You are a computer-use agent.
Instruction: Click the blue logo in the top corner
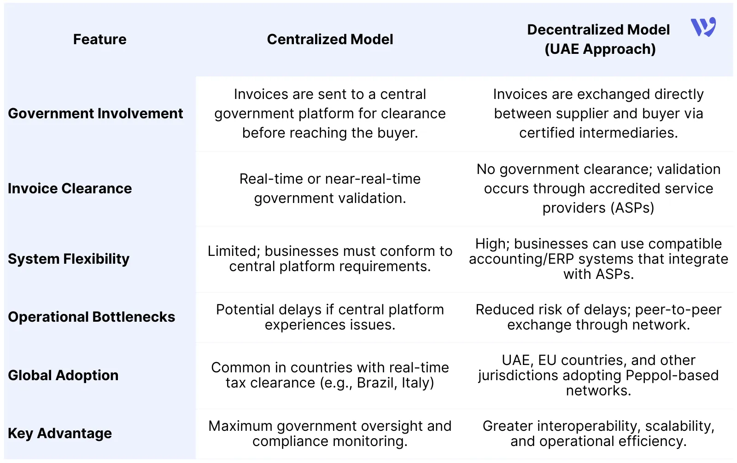[x=703, y=27]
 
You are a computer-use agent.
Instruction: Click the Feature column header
[x=99, y=40]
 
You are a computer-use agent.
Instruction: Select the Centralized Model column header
[x=330, y=40]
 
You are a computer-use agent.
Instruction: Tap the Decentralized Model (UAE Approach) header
[x=599, y=40]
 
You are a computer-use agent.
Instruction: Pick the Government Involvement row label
[x=95, y=114]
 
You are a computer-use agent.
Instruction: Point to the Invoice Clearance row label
[x=70, y=189]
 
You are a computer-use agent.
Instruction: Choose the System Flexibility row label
[x=69, y=259]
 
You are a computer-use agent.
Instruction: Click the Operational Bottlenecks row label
[x=92, y=317]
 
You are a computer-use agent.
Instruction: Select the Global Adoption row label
[x=63, y=376]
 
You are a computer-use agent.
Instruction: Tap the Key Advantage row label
[x=60, y=434]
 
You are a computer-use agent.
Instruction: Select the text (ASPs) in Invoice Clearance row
[x=632, y=208]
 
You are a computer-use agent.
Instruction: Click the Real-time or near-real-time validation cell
[x=330, y=189]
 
